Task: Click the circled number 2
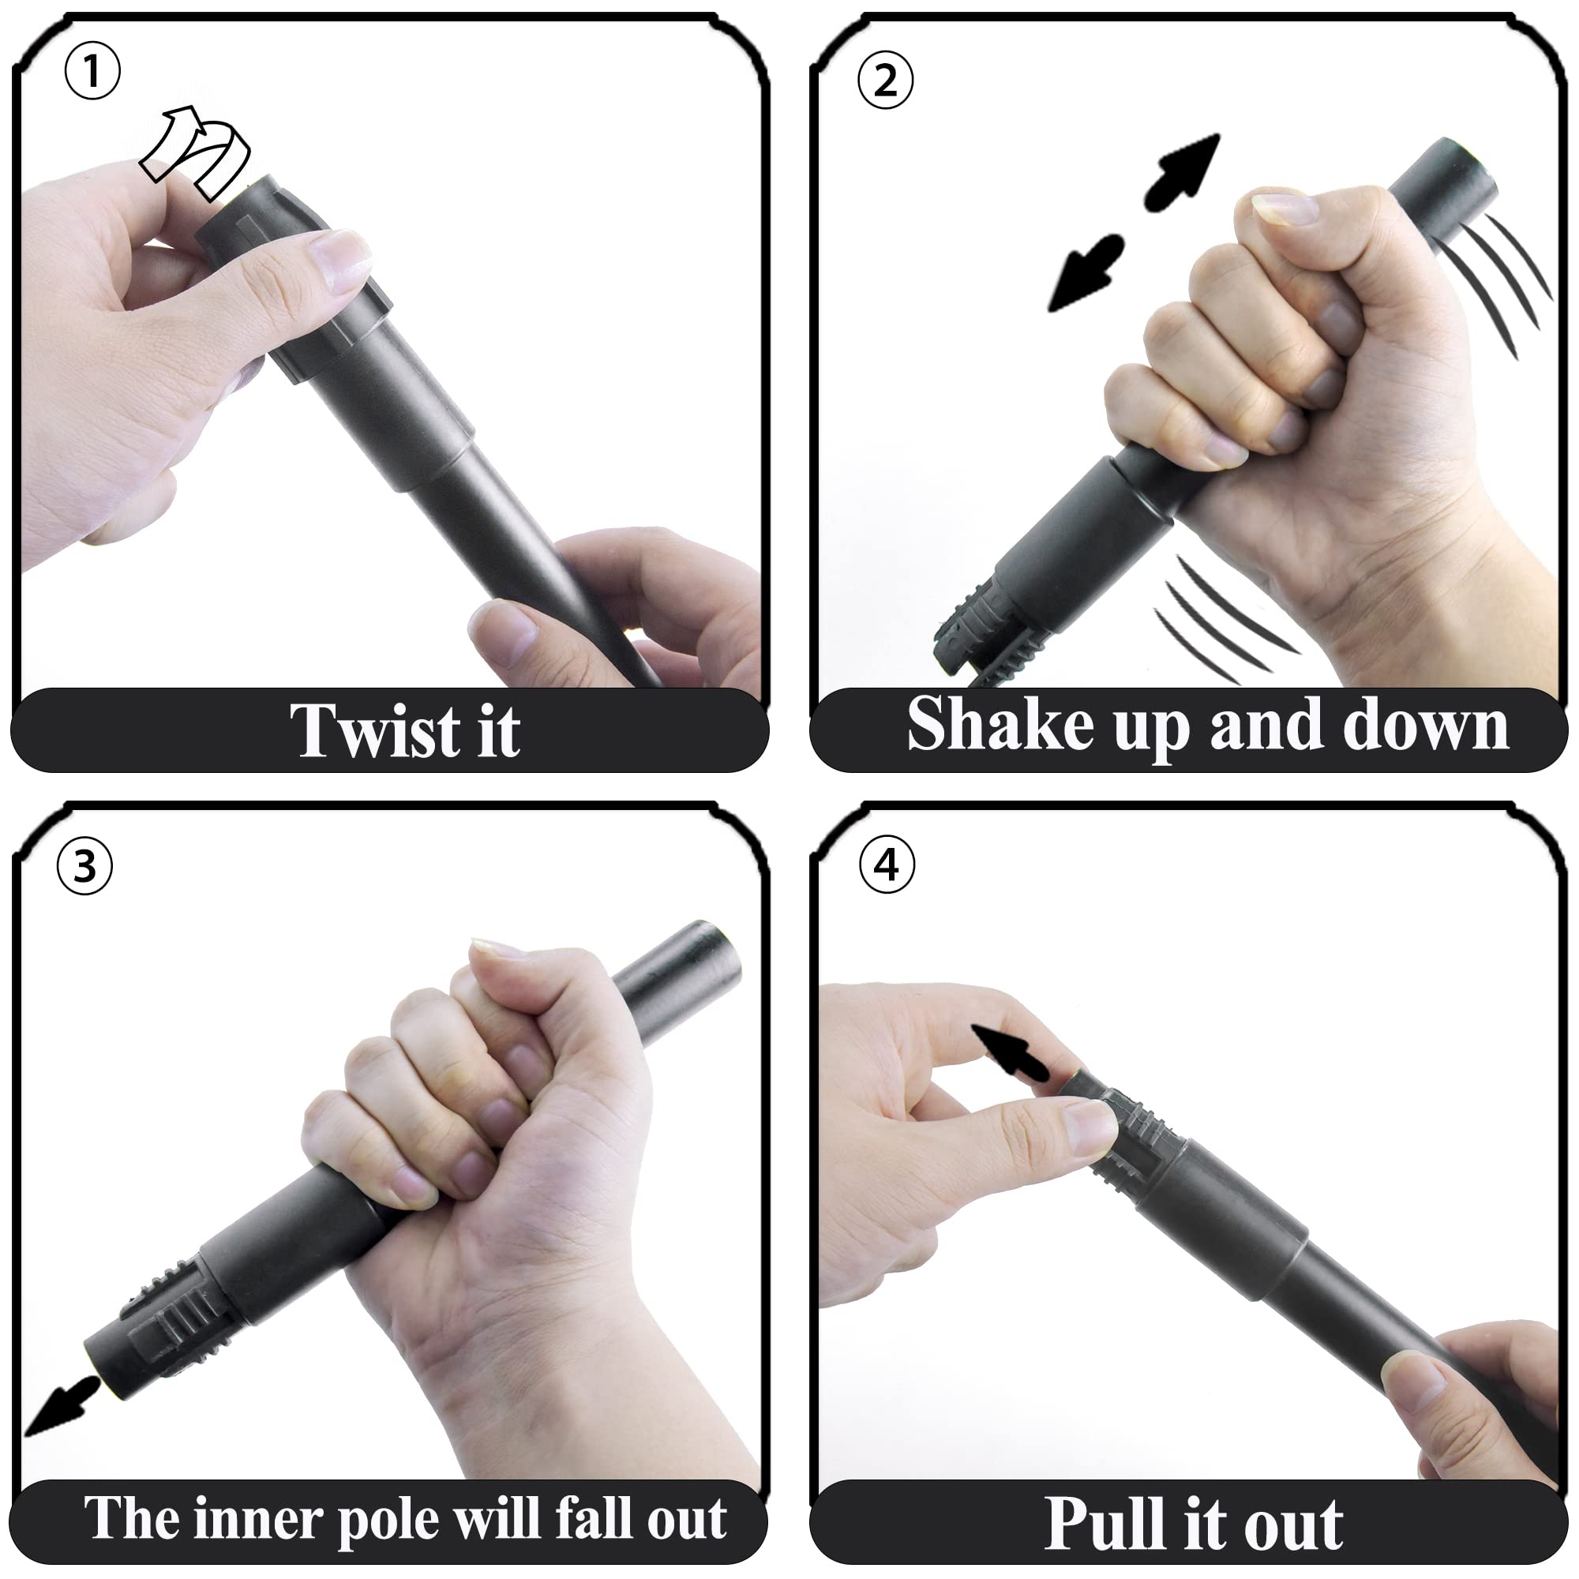point(885,80)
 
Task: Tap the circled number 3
point(84,866)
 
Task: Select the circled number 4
point(887,865)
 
